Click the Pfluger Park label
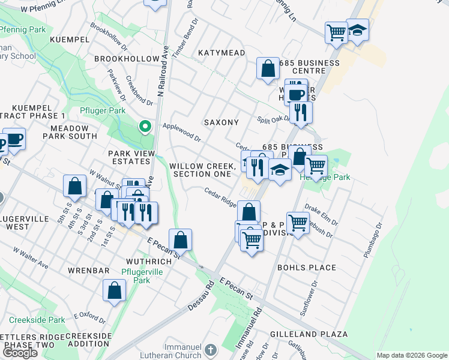coord(103,110)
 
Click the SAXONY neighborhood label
coord(221,122)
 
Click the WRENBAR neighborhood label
coord(88,271)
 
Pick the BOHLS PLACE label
coord(307,268)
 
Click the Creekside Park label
coord(40,320)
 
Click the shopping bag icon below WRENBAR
coord(114,290)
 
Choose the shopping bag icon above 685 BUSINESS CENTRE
coord(268,68)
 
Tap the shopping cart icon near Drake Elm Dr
coord(298,223)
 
